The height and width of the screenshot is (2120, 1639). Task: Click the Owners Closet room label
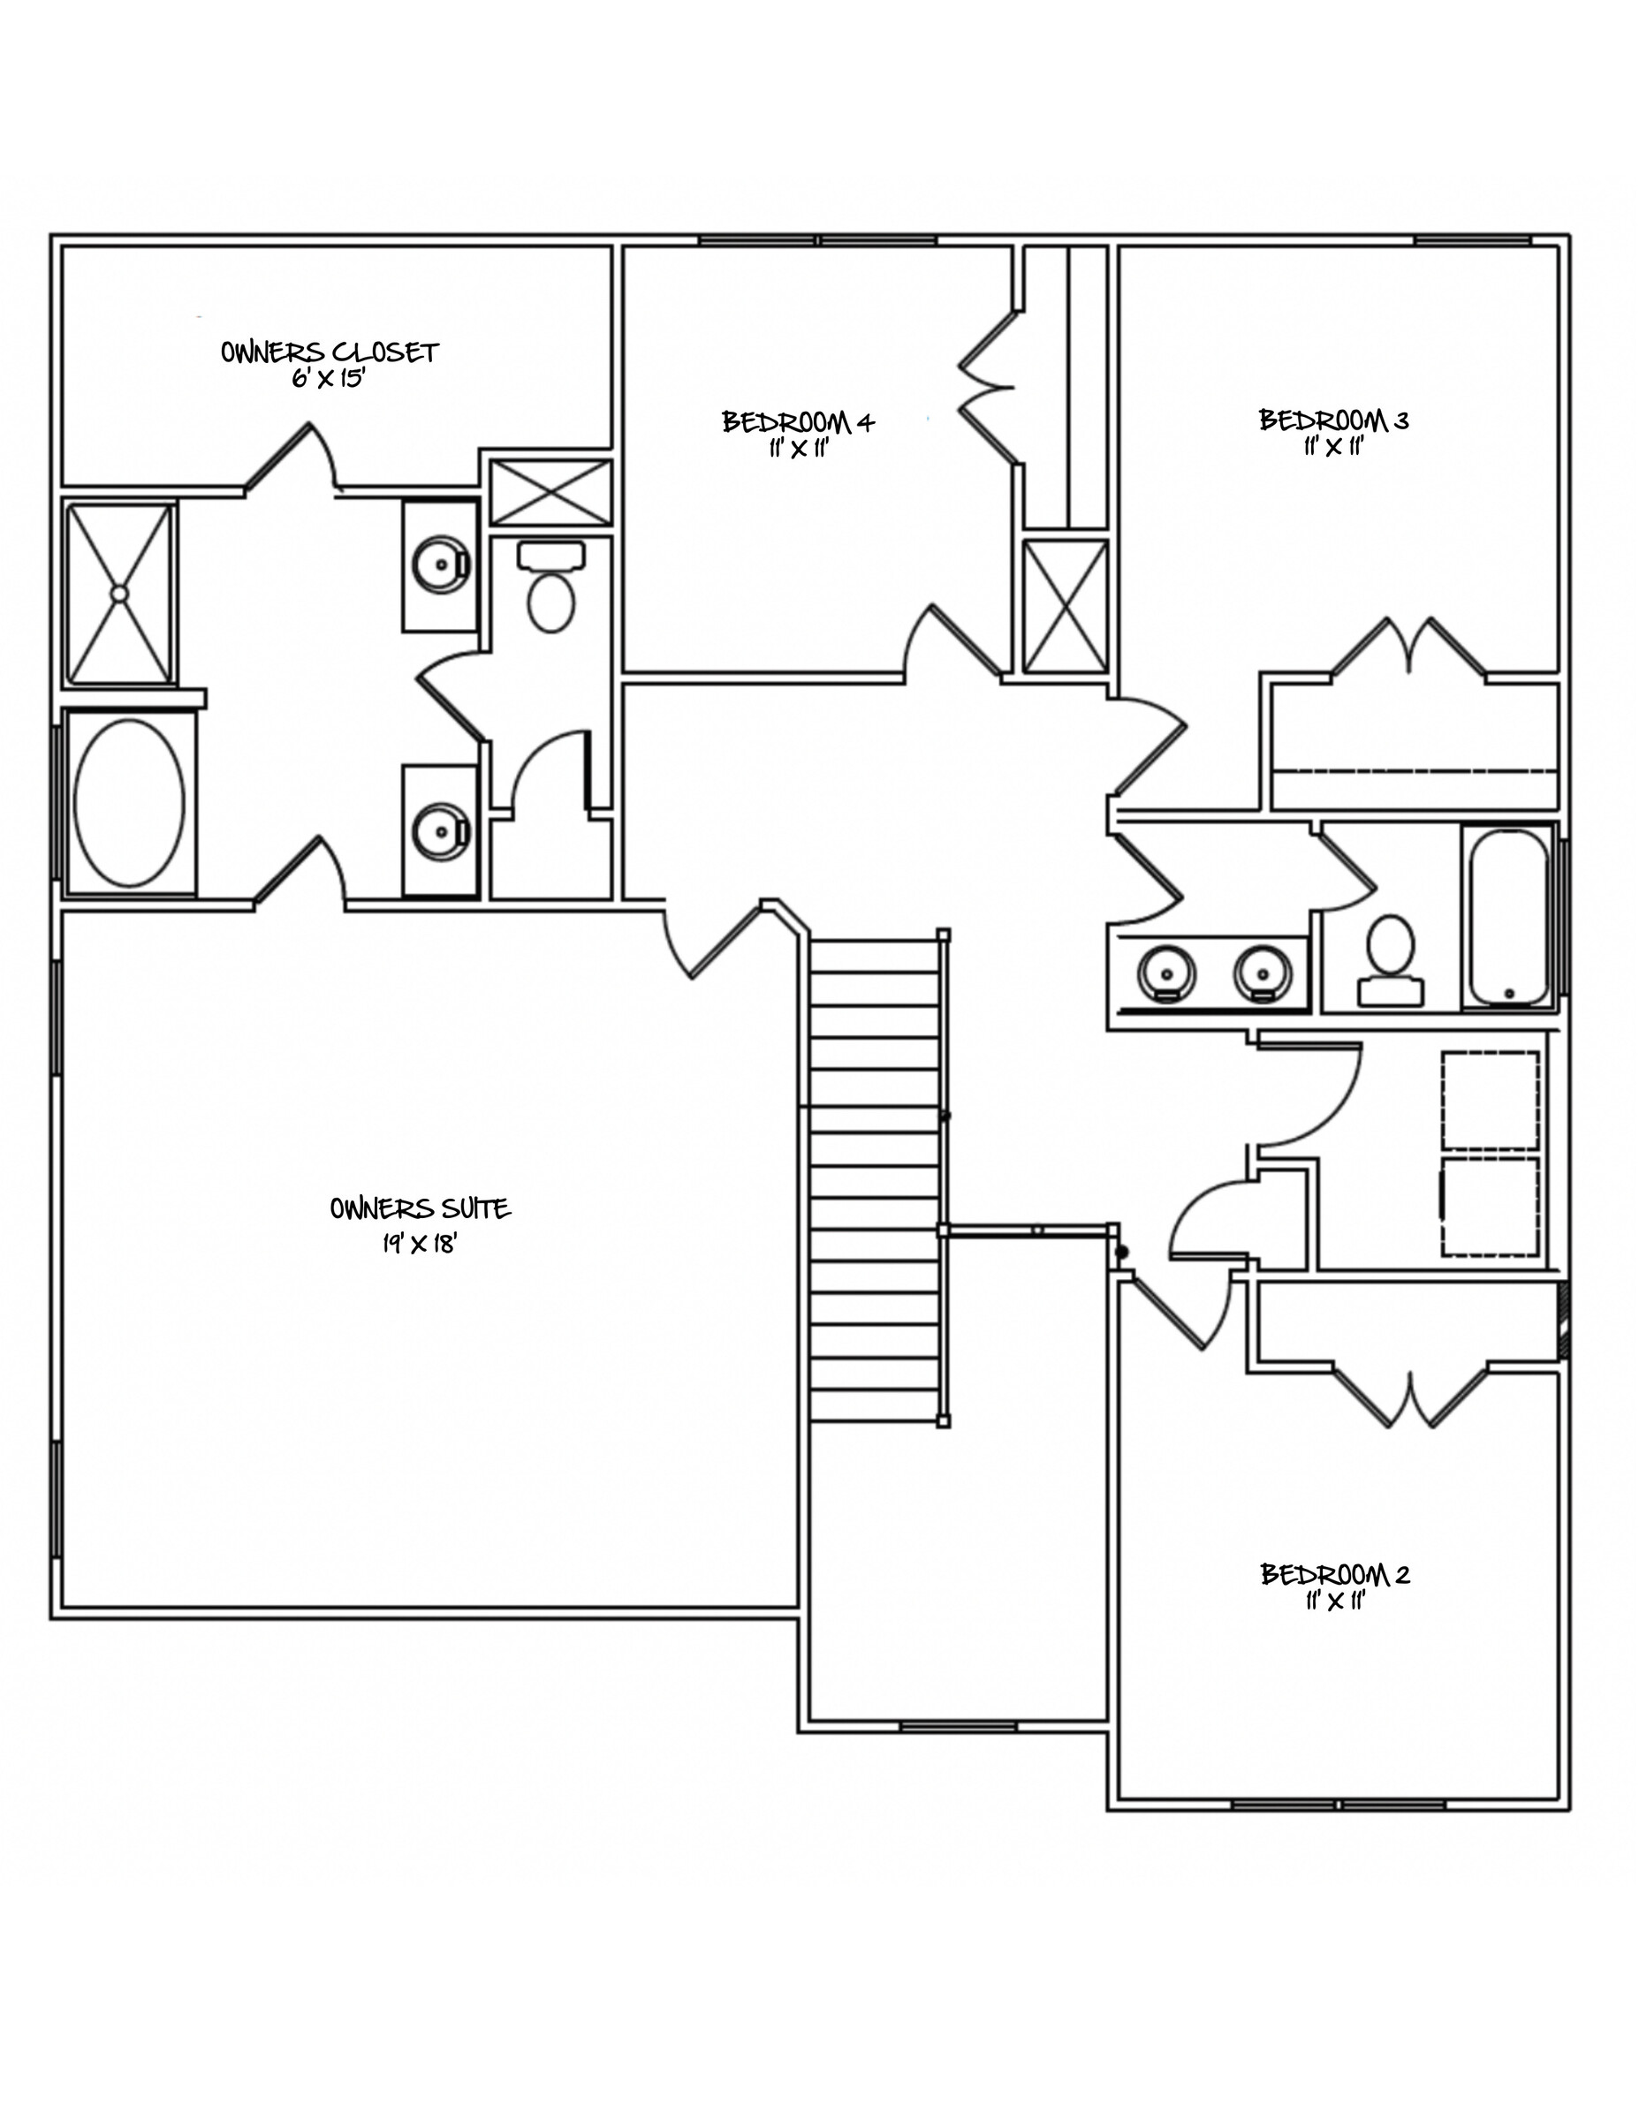click(x=330, y=352)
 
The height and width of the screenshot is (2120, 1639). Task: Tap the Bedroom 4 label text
click(x=798, y=421)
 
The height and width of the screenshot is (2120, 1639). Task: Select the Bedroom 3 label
click(x=1333, y=420)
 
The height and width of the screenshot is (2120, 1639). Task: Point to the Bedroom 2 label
click(x=1335, y=1573)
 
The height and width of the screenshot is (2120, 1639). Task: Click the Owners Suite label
click(x=420, y=1208)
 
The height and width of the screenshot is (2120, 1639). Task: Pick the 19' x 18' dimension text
click(x=420, y=1244)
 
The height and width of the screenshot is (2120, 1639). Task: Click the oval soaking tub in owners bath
click(x=129, y=802)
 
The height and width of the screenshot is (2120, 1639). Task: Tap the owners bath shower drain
click(x=118, y=592)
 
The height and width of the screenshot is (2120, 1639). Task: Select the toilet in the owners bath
click(x=551, y=588)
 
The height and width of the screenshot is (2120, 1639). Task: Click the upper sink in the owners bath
click(x=442, y=563)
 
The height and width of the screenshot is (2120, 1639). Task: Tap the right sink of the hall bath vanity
click(x=1264, y=972)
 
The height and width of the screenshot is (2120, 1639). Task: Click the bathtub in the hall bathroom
click(x=1509, y=916)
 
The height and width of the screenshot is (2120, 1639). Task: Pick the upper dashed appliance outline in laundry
click(x=1491, y=1100)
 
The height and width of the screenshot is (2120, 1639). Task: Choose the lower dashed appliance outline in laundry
click(x=1491, y=1206)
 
